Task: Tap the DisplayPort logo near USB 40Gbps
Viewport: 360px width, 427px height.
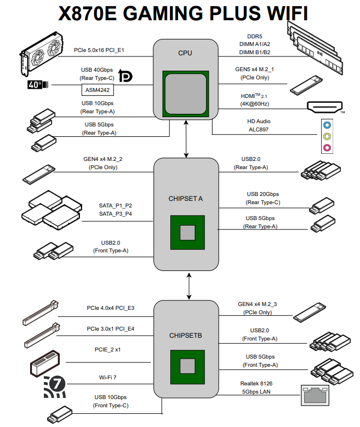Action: (x=125, y=77)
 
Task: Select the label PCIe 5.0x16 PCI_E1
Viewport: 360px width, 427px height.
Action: (x=99, y=50)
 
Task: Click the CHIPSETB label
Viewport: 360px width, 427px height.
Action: (x=185, y=335)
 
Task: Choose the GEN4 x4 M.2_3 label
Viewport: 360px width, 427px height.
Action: (x=257, y=304)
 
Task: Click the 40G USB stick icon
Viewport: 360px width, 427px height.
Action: (x=38, y=85)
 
